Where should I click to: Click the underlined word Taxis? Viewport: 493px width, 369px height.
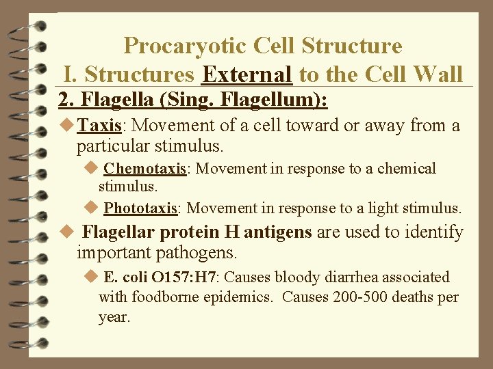pyautogui.click(x=99, y=126)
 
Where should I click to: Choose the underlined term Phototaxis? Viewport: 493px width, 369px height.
pyautogui.click(x=141, y=208)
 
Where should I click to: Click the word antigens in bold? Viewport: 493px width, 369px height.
pyautogui.click(x=278, y=233)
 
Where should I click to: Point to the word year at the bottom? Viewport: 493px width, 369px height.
pyautogui.click(x=114, y=317)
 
